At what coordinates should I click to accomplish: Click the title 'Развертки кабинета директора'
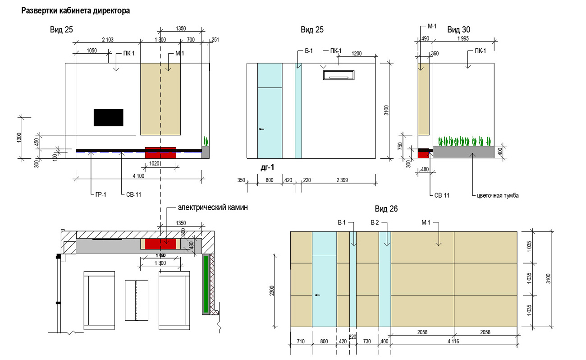76,11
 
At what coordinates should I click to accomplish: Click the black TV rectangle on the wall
108,117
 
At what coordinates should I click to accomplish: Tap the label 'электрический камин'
213,208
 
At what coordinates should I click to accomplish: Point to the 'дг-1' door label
267,167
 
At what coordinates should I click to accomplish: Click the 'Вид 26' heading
386,209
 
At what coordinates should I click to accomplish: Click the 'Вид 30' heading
459,30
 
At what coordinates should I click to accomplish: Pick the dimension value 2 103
108,41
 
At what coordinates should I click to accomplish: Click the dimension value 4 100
138,175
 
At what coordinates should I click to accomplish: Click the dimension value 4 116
453,342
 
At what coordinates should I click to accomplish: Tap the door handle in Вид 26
317,295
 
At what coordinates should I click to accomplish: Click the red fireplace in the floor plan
160,244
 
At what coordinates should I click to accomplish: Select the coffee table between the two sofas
137,300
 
